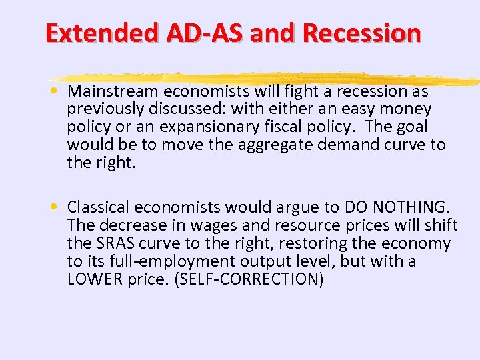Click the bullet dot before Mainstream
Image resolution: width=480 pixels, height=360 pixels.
point(59,91)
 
